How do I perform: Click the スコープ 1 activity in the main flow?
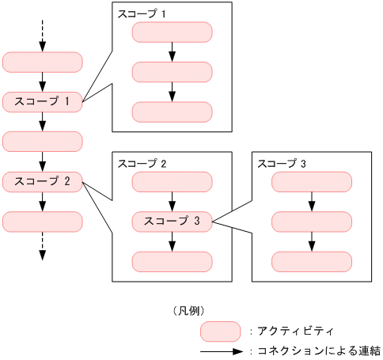click(43, 101)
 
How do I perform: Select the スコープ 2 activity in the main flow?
click(43, 181)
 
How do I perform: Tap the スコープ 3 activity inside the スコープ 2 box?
click(172, 222)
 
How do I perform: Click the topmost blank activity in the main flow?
click(43, 62)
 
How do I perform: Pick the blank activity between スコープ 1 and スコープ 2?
click(43, 142)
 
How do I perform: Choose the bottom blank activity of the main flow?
click(43, 222)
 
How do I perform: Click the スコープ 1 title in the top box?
click(142, 13)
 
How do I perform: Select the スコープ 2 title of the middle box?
click(142, 164)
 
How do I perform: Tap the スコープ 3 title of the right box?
click(282, 164)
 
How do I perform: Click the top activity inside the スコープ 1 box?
click(172, 32)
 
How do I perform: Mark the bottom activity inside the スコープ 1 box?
click(172, 112)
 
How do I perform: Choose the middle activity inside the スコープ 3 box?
click(312, 222)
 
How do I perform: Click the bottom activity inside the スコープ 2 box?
click(172, 261)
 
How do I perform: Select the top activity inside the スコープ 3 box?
click(312, 182)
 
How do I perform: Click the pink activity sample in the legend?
click(221, 331)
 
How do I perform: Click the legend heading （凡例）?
click(188, 310)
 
